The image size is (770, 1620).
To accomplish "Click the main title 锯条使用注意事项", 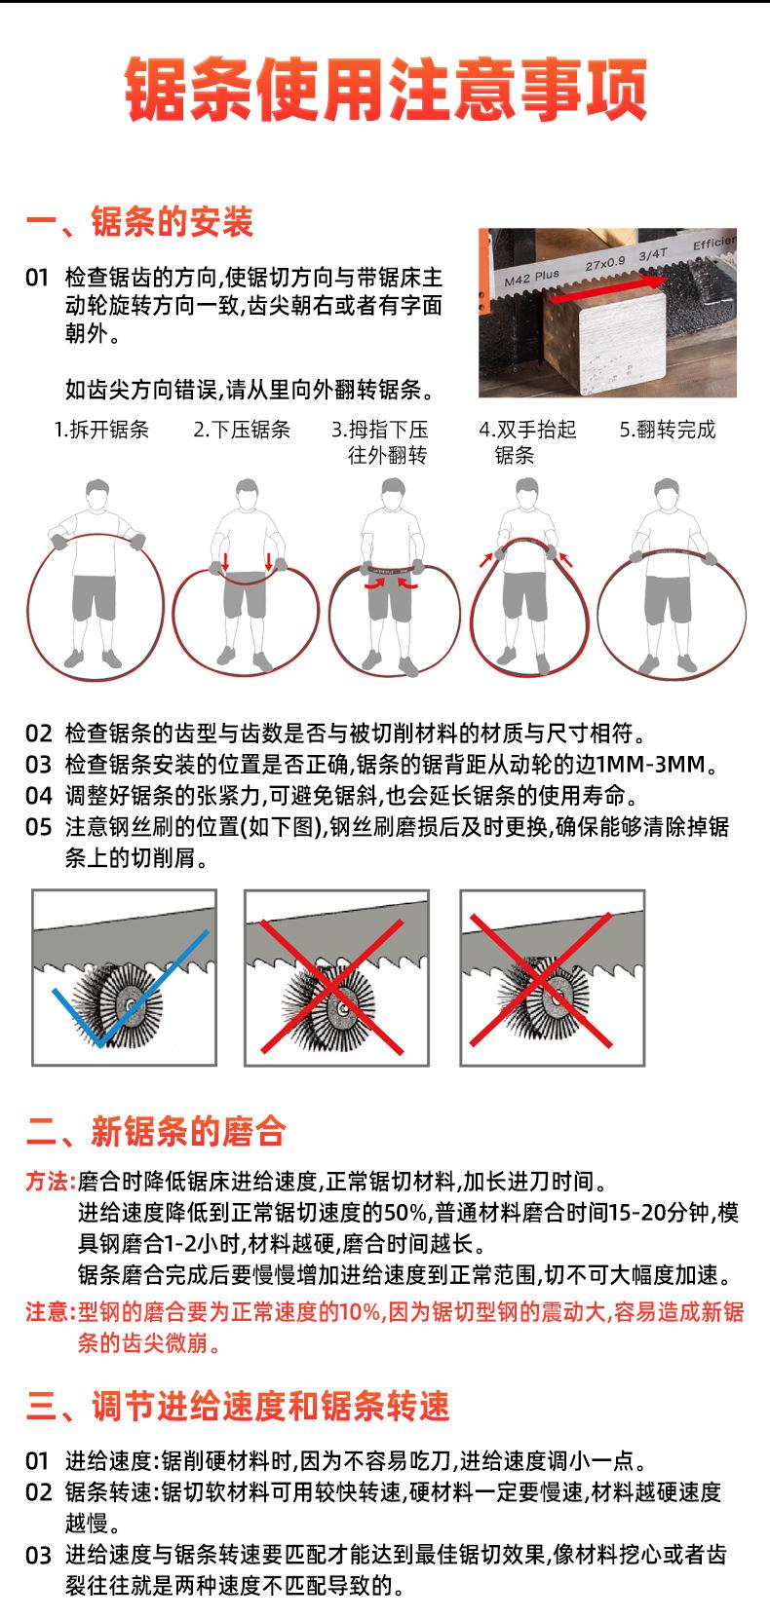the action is tap(385, 90).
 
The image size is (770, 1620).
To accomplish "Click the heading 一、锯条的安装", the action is tap(139, 221).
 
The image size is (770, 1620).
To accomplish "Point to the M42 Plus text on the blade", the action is tap(532, 277).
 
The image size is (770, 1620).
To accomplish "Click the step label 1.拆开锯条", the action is tap(101, 430).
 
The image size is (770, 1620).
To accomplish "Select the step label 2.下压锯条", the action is tap(242, 430).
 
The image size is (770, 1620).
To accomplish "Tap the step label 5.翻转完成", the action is tap(668, 430).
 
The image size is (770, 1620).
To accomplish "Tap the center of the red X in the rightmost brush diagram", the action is tap(541, 981).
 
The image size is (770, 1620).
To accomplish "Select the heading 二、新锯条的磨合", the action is tap(156, 1131).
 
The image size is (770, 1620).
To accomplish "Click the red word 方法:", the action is tap(51, 1182).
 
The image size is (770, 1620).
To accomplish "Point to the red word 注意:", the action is tap(51, 1311).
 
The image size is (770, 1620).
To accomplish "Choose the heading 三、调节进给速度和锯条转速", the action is tap(238, 1406).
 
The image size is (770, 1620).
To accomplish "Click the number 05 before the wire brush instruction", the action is tap(38, 827).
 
